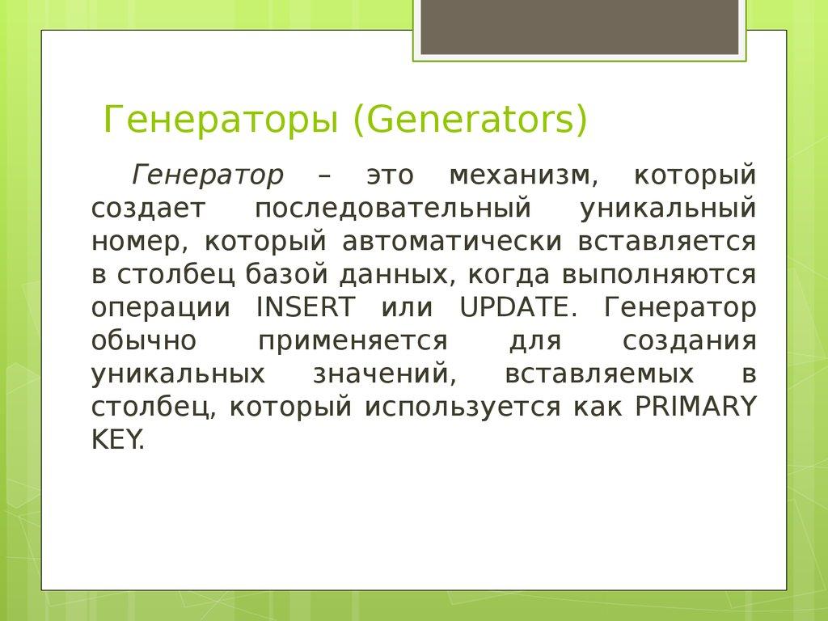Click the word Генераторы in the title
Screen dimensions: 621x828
pyautogui.click(x=221, y=121)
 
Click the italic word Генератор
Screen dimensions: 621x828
pyautogui.click(x=208, y=174)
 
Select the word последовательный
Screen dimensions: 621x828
pyautogui.click(x=393, y=208)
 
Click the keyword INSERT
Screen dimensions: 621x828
pyautogui.click(x=304, y=308)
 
